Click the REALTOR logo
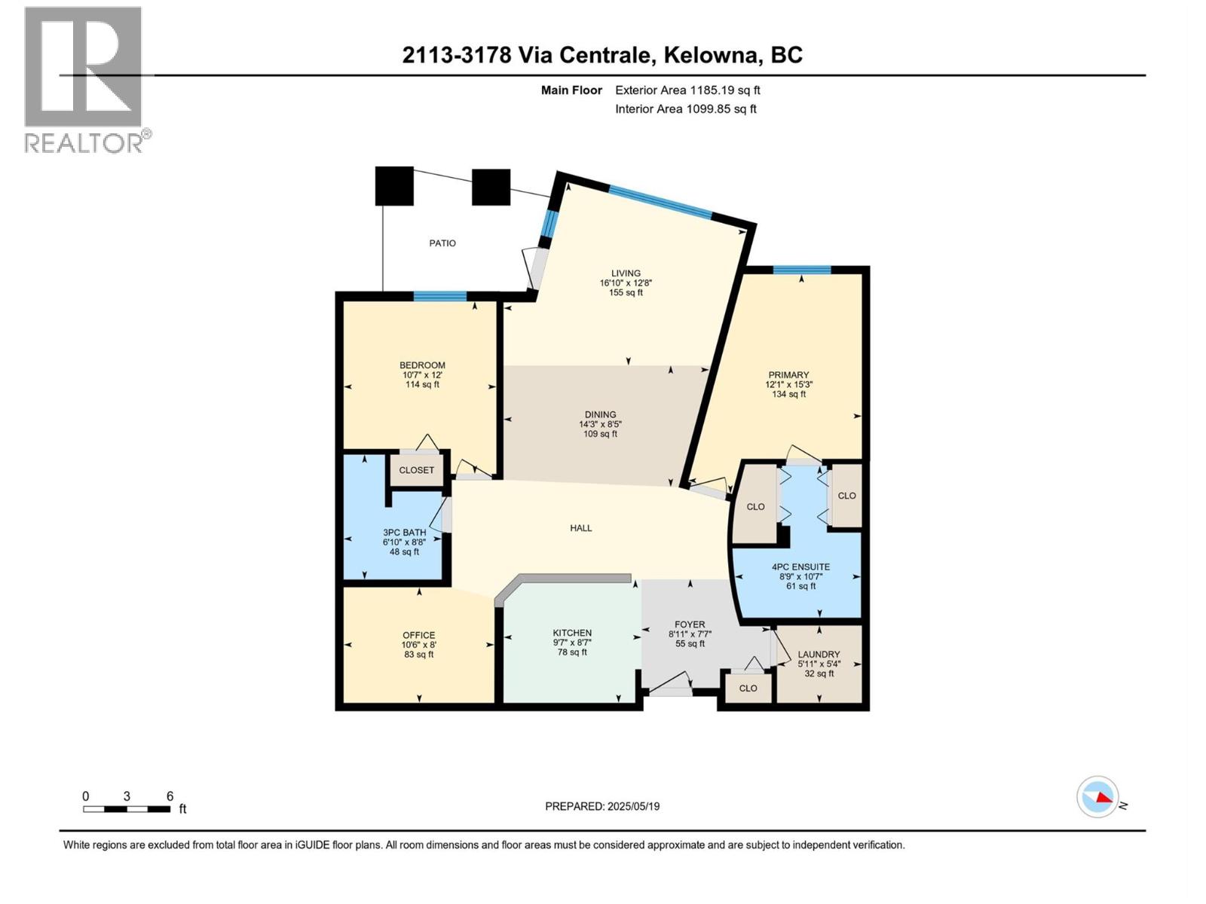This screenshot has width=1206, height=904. pos(84,79)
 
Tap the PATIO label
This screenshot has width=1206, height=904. pos(442,243)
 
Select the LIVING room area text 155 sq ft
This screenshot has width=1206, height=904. pos(626,293)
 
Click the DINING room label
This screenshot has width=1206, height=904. pos(600,414)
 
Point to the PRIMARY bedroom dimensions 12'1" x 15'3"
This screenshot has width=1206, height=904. pos(788,384)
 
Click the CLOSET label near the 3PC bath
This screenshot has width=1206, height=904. pos(417,470)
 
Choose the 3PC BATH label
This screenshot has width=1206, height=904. pos(404,533)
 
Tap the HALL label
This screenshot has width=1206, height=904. pos(580,528)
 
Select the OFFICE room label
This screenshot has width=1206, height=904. pos(418,635)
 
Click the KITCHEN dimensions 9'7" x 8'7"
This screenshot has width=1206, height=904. pos(572,643)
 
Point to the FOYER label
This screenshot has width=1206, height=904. pos(690,625)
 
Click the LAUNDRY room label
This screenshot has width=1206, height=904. pos(819,655)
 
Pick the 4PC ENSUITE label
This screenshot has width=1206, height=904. pos(800,567)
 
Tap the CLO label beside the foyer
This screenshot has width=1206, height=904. pos(748,689)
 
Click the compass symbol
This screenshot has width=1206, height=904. pos(1097,797)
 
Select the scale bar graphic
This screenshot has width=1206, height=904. pos(127,809)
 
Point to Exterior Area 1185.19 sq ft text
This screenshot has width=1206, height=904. pos(687,90)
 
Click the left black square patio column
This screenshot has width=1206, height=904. pos(394,186)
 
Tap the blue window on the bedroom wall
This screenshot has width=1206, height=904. pos(439,296)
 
